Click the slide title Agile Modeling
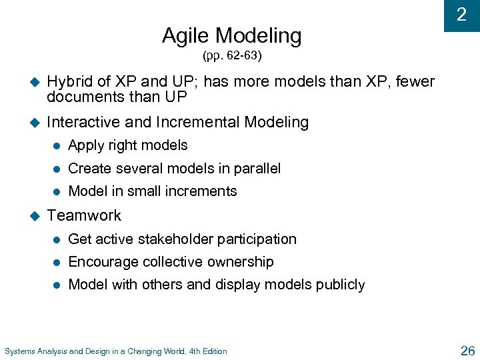pyautogui.click(x=231, y=35)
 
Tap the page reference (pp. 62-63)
pyautogui.click(x=232, y=55)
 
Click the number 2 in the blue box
pyautogui.click(x=461, y=15)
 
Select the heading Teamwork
pyautogui.click(x=84, y=215)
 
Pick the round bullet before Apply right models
pyautogui.click(x=58, y=145)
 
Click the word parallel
pyautogui.click(x=257, y=169)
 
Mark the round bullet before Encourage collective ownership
pyautogui.click(x=58, y=262)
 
